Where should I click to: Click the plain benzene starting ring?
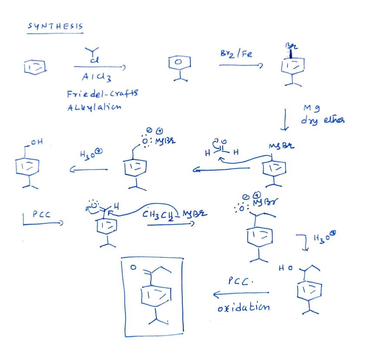(35, 66)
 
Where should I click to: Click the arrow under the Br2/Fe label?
(241, 66)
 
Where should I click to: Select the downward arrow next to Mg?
(285, 119)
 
